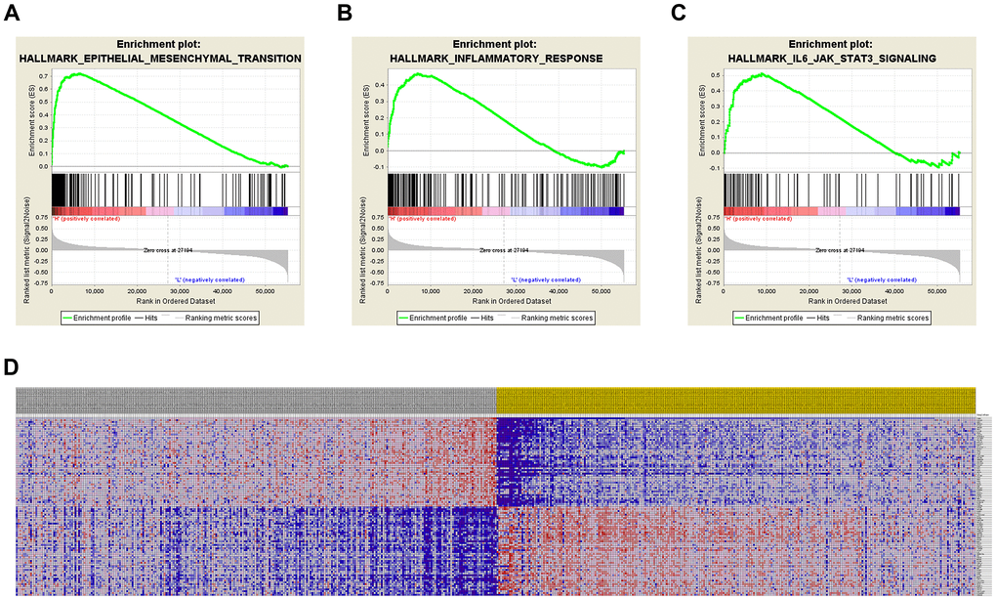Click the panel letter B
(345, 13)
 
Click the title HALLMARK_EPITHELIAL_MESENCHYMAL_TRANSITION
(160, 59)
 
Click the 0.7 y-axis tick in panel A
(43, 75)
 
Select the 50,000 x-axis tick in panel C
(936, 291)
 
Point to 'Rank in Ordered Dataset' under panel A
(170, 302)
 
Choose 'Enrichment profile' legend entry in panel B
(432, 319)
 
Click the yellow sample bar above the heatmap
(735, 400)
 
